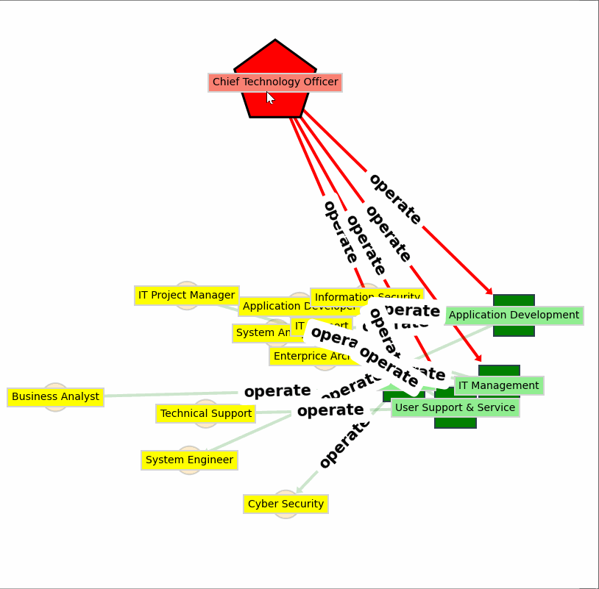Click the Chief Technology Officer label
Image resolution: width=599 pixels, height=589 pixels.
tap(274, 82)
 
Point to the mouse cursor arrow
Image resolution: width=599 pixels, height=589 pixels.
tap(269, 97)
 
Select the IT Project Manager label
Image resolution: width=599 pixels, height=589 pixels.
tap(186, 295)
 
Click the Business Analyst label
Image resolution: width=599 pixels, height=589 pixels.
tap(55, 397)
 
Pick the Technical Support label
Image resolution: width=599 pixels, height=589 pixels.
tap(205, 413)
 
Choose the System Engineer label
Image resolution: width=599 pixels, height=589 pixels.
tap(189, 460)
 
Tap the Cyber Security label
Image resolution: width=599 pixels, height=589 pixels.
tap(286, 504)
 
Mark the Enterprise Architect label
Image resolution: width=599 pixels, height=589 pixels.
tap(309, 357)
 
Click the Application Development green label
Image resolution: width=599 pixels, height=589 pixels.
tap(514, 315)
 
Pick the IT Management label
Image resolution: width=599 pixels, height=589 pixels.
tap(498, 385)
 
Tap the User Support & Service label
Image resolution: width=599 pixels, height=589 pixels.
tap(455, 407)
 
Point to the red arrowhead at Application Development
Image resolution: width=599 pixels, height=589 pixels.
tap(489, 292)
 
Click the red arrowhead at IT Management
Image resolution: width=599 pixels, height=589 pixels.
tap(478, 358)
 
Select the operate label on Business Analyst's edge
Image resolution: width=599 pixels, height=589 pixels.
tap(277, 391)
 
